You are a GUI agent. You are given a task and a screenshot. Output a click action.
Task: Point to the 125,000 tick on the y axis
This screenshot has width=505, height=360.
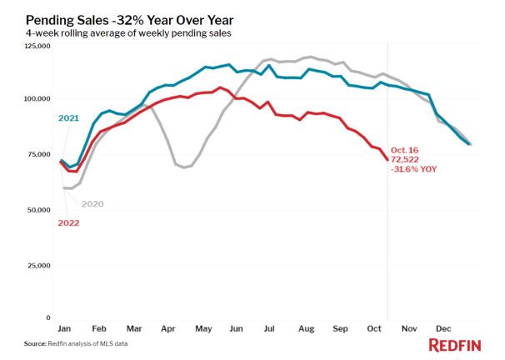coord(37,47)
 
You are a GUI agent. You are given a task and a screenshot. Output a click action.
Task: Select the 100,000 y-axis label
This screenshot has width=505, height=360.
coord(37,99)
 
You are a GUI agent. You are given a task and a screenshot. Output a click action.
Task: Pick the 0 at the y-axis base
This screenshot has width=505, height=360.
coord(48,317)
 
